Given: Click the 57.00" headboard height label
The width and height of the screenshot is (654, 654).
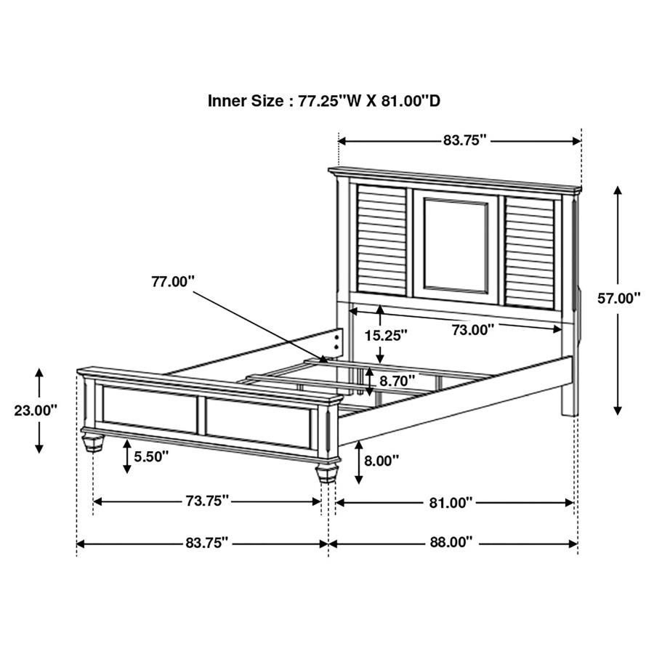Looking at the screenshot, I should click(x=619, y=297).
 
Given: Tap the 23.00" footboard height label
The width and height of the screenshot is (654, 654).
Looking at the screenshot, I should click(x=35, y=410).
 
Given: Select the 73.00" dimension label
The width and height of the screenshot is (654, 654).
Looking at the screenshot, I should click(x=473, y=329).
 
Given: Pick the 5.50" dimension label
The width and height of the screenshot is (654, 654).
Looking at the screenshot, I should click(x=150, y=456).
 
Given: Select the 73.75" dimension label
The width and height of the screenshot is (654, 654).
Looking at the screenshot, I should click(x=207, y=501).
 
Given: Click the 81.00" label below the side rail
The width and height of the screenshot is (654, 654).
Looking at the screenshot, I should click(x=451, y=501).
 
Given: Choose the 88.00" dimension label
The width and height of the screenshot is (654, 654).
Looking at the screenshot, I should click(x=451, y=542).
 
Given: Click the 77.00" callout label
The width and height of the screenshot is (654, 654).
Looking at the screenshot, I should click(x=173, y=281).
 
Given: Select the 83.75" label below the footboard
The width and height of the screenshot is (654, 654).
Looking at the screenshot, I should click(x=207, y=542).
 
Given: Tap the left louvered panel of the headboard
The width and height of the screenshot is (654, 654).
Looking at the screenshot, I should click(x=381, y=241).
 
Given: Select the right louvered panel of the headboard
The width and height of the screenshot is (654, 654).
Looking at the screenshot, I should click(x=530, y=247).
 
